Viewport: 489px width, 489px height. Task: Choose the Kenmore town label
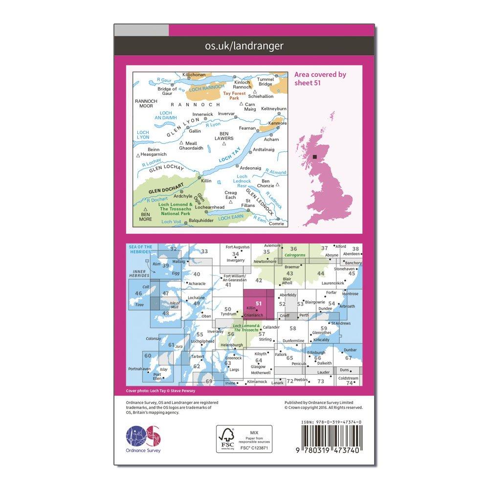pos(277,123)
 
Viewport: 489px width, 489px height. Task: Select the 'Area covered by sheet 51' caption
pos(320,79)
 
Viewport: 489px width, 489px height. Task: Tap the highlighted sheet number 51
pos(258,303)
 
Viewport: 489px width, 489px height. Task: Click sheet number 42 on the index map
pos(259,280)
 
